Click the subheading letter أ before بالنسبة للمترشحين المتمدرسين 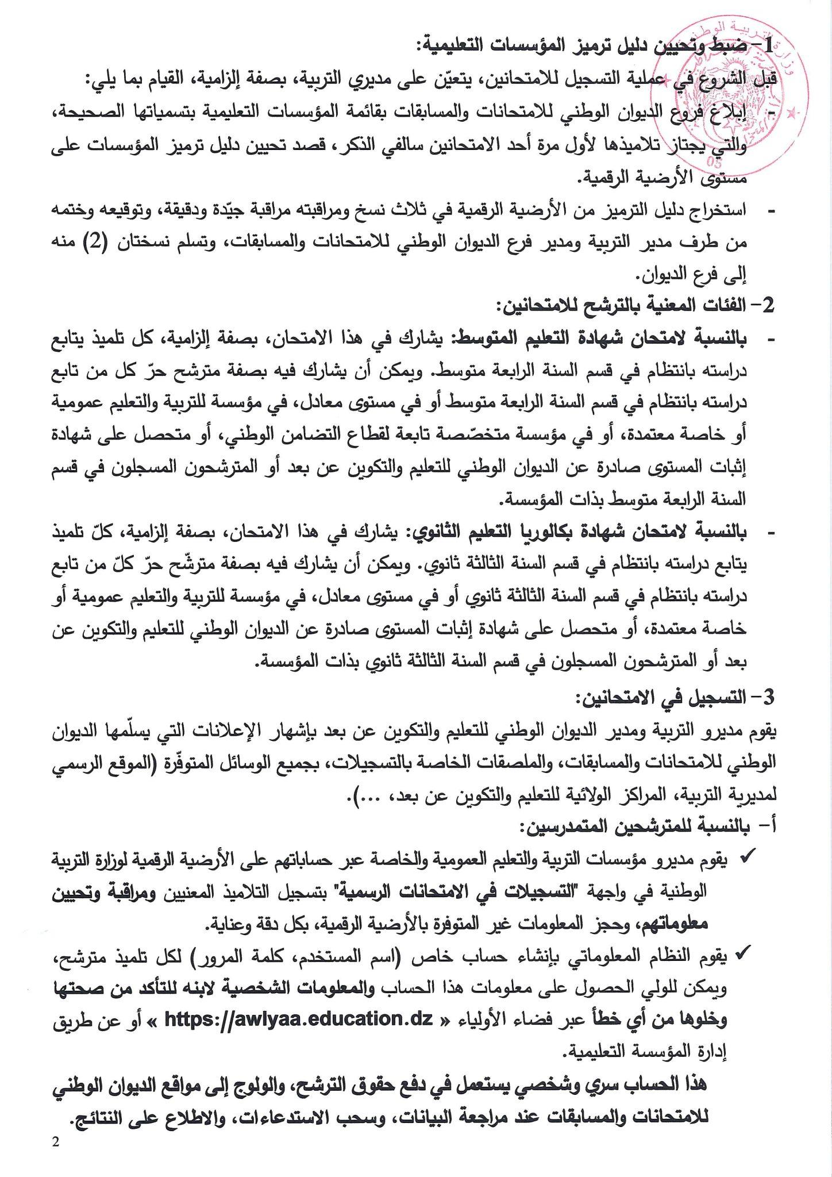click(x=771, y=827)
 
